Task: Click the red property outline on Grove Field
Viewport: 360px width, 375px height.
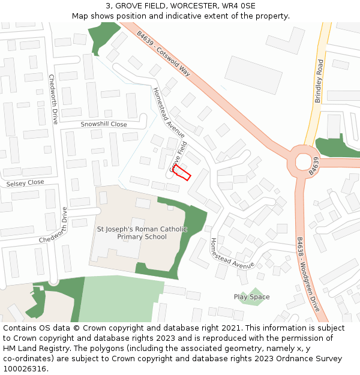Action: click(182, 172)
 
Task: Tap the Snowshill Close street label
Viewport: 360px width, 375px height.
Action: click(104, 124)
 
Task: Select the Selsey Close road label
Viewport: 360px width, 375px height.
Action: click(25, 182)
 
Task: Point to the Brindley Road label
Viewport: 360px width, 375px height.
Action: click(319, 81)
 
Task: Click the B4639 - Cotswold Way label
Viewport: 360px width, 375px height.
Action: click(163, 53)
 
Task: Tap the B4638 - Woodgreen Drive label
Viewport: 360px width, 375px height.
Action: click(308, 274)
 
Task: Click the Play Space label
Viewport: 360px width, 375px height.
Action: click(251, 297)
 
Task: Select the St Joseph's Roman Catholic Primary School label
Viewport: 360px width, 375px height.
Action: click(142, 233)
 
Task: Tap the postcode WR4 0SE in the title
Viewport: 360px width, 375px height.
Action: click(238, 6)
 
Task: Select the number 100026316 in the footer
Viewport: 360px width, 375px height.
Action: click(26, 368)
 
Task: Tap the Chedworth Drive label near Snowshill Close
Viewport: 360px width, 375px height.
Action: click(53, 99)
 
